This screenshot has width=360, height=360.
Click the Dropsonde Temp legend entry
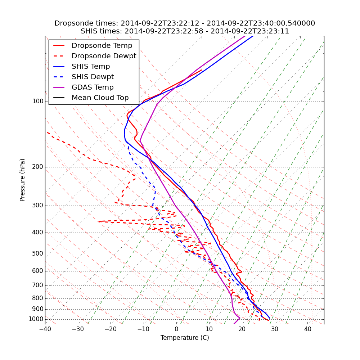tap(102, 46)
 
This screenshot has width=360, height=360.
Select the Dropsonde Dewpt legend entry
tap(104, 56)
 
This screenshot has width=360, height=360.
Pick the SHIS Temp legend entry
tap(91, 67)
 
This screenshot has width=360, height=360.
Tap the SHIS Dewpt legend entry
tap(93, 77)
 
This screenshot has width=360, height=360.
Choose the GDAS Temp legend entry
tap(93, 87)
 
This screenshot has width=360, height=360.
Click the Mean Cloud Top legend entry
tap(100, 98)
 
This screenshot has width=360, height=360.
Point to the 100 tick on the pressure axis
tap(38, 102)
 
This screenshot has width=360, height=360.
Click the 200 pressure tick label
tap(38, 167)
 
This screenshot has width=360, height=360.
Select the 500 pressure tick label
tap(38, 254)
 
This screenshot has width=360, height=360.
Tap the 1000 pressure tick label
tap(36, 319)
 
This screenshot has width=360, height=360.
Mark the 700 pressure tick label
tap(38, 285)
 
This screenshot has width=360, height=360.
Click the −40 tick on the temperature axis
tap(45, 329)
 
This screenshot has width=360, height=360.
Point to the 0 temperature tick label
tap(176, 329)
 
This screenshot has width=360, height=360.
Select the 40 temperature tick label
tap(308, 329)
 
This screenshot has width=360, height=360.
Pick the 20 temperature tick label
tap(242, 329)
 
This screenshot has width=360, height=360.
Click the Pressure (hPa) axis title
tap(23, 180)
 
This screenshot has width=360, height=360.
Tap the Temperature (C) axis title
tap(185, 338)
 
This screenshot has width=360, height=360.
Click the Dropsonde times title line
tap(185, 23)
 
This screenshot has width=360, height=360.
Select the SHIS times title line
tap(185, 31)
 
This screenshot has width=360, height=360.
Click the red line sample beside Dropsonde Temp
tap(59, 46)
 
